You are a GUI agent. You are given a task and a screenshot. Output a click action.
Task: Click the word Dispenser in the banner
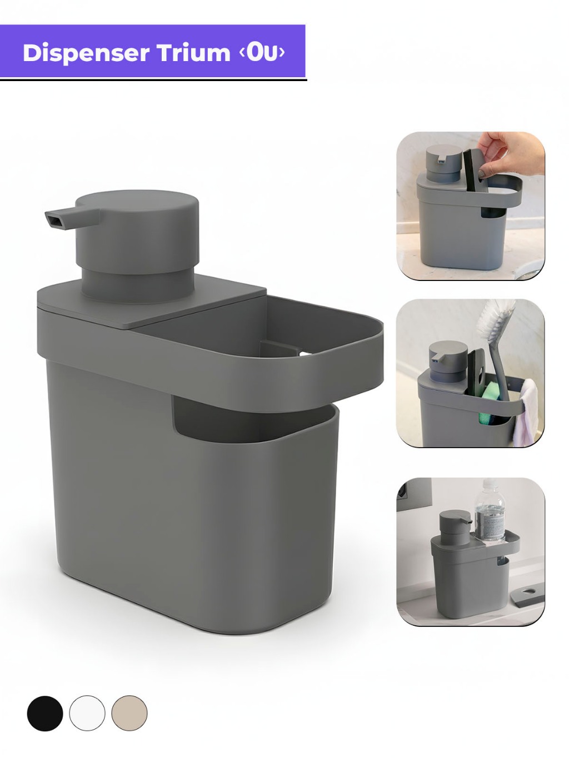tap(86, 53)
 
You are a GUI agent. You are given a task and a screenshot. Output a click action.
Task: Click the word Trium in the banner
tap(193, 53)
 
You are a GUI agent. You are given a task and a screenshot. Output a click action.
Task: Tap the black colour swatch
tap(45, 714)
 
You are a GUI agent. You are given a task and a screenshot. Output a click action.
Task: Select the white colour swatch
tap(87, 714)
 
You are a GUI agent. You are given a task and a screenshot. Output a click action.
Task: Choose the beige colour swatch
tap(129, 714)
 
